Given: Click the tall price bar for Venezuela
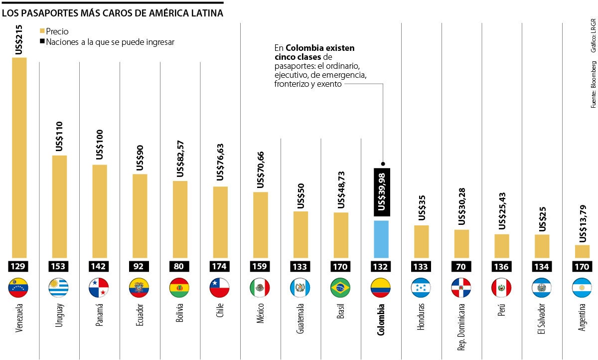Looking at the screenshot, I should click(19, 157).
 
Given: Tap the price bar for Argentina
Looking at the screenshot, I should click(582, 250).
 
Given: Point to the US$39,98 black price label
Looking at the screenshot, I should click(381, 192).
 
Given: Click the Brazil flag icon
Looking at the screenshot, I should click(340, 288).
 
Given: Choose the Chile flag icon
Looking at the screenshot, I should click(220, 288).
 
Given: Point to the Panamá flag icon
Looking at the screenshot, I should click(99, 288).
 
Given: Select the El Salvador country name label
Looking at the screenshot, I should click(542, 319).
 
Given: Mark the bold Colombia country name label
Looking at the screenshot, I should click(381, 319).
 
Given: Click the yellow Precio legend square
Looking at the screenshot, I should click(42, 31).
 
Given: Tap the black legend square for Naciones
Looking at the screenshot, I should click(42, 42).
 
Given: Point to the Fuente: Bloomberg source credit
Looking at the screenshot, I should click(593, 84).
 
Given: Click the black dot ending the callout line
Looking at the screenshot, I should click(383, 164).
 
